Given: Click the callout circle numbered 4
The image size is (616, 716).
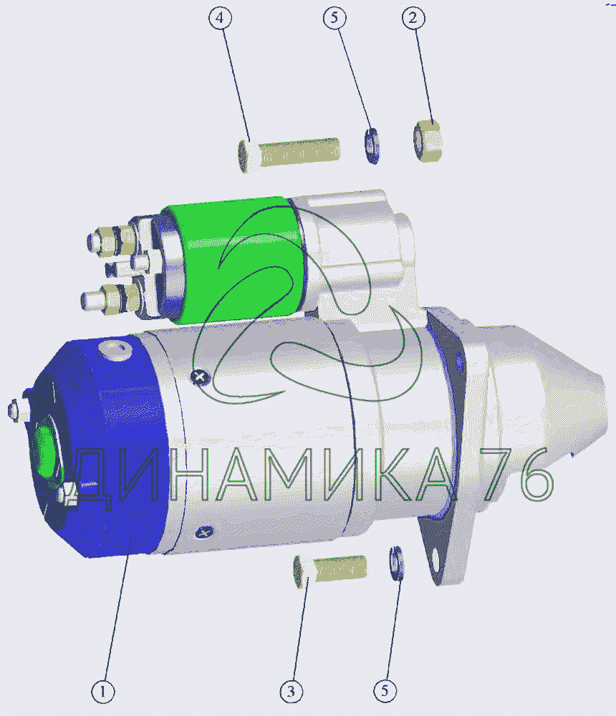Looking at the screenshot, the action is coord(220,18).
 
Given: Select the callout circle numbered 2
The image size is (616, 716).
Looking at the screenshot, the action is coord(413,19).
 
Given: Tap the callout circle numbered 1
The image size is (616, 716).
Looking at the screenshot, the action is coord(103,692).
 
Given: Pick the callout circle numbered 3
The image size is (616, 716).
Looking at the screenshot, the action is coord(292,692).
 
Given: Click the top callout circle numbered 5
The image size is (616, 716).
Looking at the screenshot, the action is coord(335,18).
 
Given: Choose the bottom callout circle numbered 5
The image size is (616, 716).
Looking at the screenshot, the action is coord(385,690).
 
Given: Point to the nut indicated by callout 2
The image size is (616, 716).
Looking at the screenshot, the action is coord(428,140).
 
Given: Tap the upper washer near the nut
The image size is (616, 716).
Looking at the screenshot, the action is coord(372,145).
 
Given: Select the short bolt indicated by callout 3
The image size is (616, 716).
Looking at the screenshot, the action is coord(329,571).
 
